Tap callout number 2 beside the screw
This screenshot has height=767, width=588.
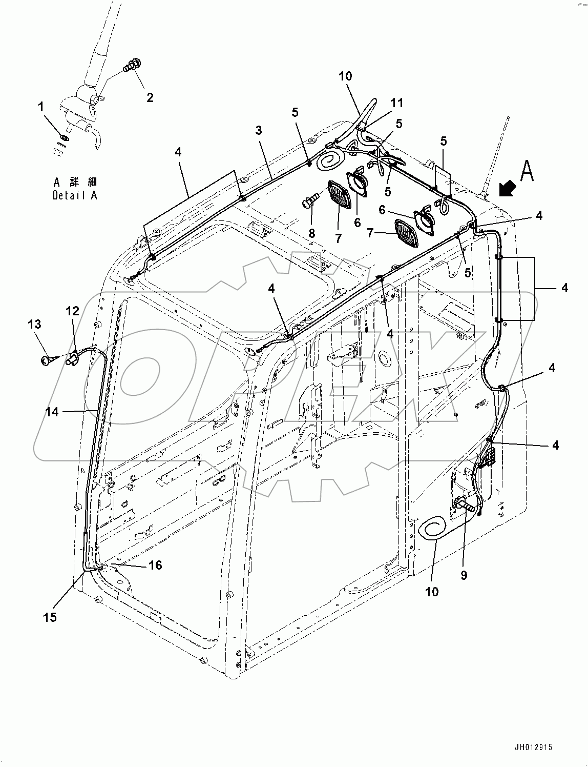tap(150, 97)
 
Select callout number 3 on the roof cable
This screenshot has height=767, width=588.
tap(259, 130)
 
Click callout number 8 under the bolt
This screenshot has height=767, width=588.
tap(311, 233)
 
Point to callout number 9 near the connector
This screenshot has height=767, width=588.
tap(464, 575)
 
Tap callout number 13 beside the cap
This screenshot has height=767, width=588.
tap(34, 324)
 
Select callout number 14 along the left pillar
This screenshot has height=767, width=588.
tap(52, 412)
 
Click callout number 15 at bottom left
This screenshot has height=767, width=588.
tap(50, 617)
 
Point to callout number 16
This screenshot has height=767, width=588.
tap(155, 565)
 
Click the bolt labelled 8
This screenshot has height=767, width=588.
tap(310, 200)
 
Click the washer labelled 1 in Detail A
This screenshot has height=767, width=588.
tap(63, 137)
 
